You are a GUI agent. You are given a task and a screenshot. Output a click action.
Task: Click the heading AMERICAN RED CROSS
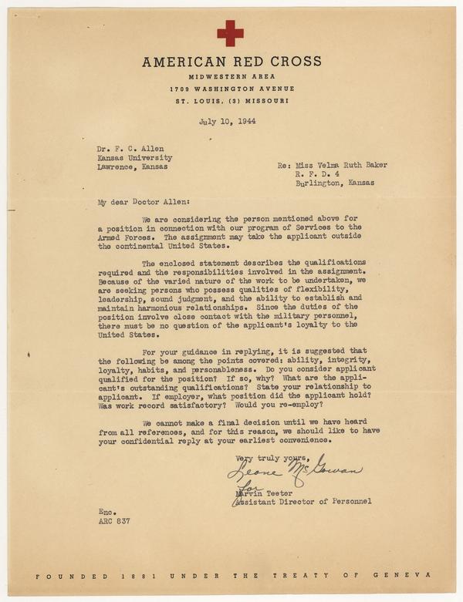pos(229,62)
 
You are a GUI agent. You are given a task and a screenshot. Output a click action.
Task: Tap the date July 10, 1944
pos(228,121)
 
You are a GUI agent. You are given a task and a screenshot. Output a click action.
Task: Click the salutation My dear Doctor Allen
pos(133,202)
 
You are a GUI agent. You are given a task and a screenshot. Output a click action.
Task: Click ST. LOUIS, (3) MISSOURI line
pos(229,101)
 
